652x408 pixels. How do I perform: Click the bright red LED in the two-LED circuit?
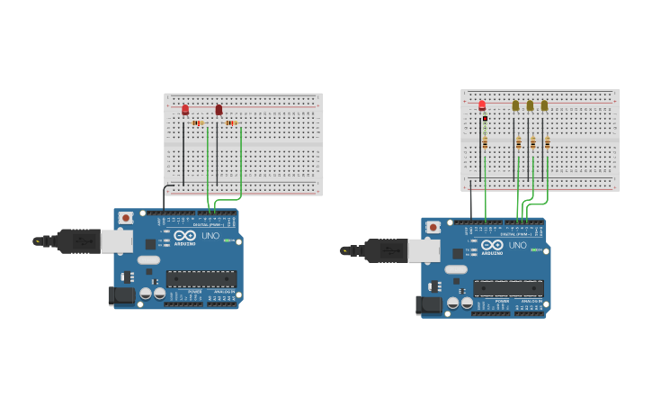click(x=185, y=110)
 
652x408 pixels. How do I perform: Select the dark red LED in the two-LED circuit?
click(x=219, y=110)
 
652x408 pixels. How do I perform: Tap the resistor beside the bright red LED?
click(x=198, y=122)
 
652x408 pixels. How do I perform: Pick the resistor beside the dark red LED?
click(x=231, y=122)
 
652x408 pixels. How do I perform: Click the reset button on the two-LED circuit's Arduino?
click(x=126, y=218)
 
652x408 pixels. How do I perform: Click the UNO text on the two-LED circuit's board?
click(x=210, y=236)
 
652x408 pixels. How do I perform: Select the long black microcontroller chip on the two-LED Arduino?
click(x=201, y=279)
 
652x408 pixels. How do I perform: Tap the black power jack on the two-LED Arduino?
click(x=120, y=295)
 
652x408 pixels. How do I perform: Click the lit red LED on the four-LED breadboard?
click(x=482, y=105)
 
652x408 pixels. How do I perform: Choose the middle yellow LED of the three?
click(x=530, y=105)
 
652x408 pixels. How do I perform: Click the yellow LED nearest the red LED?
click(x=515, y=105)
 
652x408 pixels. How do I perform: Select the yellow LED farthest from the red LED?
click(x=544, y=105)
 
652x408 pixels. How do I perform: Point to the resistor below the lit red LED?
click(x=485, y=141)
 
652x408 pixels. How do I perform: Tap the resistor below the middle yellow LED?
click(x=532, y=142)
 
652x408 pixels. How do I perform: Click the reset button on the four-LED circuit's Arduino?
click(x=433, y=227)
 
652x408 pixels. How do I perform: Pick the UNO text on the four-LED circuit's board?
click(x=518, y=245)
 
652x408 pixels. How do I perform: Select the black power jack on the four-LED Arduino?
click(x=427, y=304)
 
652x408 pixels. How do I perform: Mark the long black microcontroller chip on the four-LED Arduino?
click(x=509, y=288)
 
